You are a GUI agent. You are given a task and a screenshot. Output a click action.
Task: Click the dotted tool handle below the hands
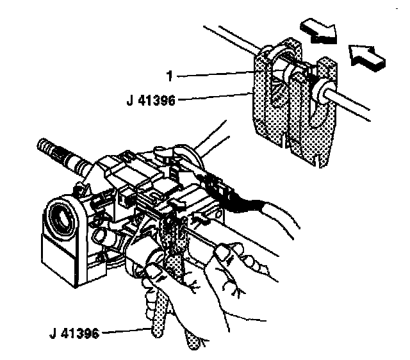click(158, 317)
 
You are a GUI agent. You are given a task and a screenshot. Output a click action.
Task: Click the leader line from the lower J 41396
click(125, 332)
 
